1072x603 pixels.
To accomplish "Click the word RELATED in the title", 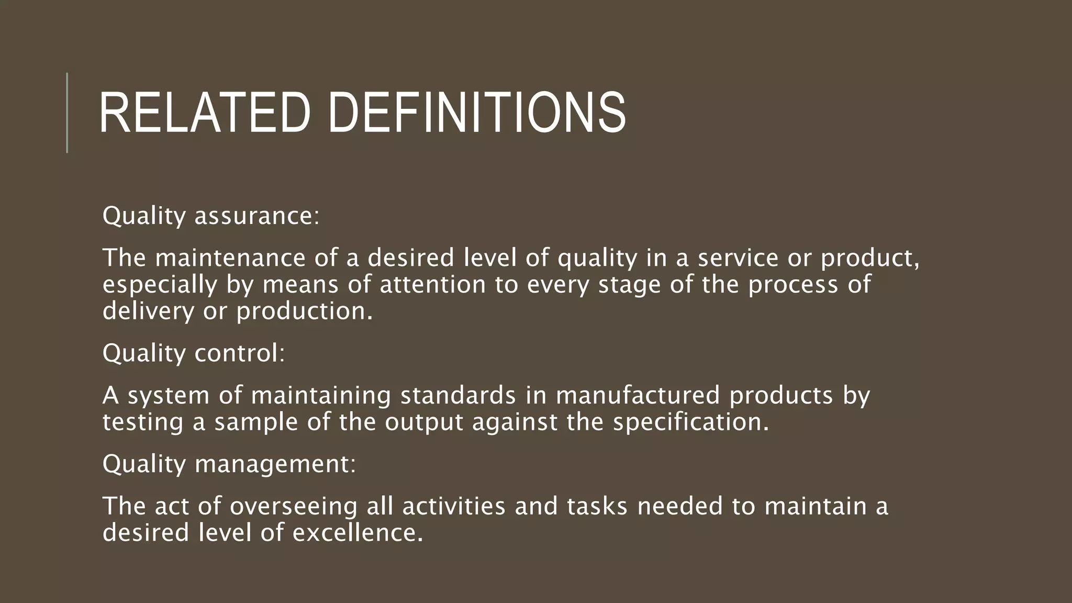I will pyautogui.click(x=204, y=113).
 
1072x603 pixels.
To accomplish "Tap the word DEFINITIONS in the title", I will pyautogui.click(x=477, y=113).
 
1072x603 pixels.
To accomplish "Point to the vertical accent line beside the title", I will pyautogui.click(x=67, y=113).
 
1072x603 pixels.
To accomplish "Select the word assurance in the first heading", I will pyautogui.click(x=256, y=216).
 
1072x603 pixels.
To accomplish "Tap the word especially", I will pyautogui.click(x=160, y=285).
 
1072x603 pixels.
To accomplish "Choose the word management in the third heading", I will pyautogui.click(x=275, y=464).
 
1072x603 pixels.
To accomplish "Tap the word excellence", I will pyautogui.click(x=358, y=533).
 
